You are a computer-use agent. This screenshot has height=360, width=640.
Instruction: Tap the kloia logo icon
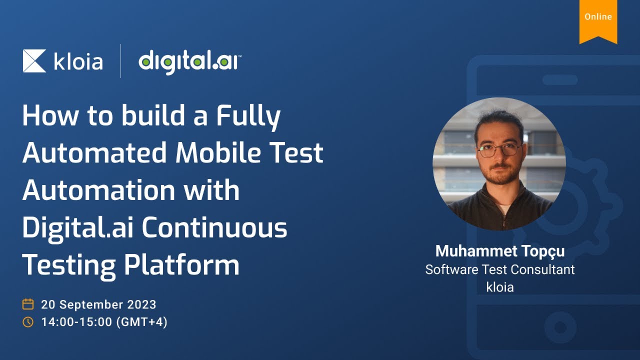(34, 61)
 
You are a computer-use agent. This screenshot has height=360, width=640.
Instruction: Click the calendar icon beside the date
(28, 304)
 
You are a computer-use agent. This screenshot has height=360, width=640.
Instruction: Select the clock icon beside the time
(28, 322)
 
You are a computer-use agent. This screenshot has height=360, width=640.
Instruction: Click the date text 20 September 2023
(98, 304)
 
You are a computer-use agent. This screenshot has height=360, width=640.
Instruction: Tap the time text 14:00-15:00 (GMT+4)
(104, 322)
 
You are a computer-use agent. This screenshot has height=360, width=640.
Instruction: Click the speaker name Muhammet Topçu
(500, 251)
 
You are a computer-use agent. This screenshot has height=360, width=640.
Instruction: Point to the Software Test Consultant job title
(500, 269)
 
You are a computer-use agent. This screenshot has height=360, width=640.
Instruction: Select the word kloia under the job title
(500, 287)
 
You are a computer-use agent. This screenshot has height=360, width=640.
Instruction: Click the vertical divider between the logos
(120, 61)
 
